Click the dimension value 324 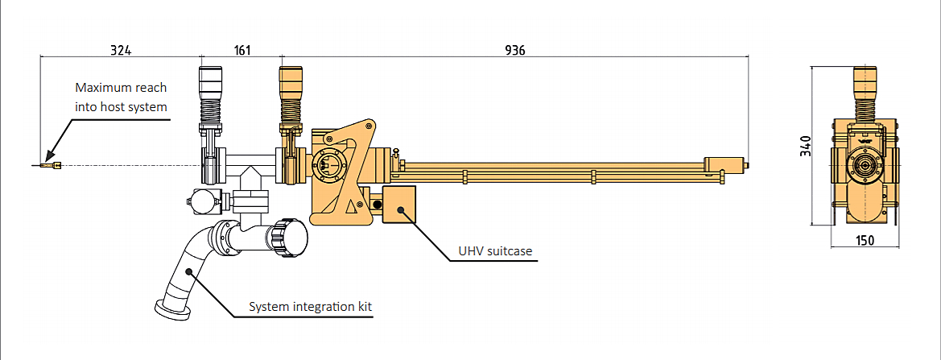[x=120, y=50]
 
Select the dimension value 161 [x=242, y=50]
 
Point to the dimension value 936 [x=515, y=50]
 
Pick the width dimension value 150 [x=865, y=240]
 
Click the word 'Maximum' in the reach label [x=100, y=87]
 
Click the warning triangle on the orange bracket [x=350, y=207]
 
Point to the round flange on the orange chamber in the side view [x=327, y=163]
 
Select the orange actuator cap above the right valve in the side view [x=290, y=81]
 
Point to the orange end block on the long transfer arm [x=723, y=165]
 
